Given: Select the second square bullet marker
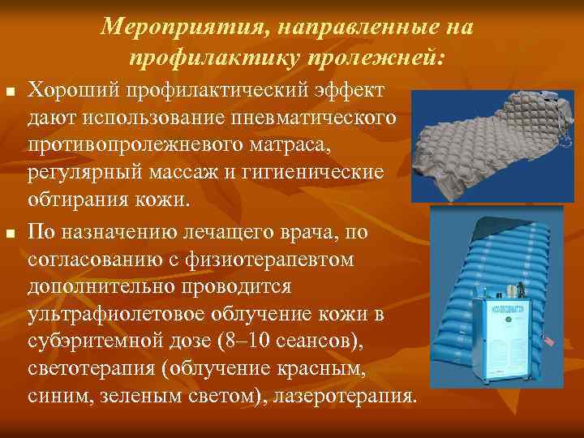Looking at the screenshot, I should point(9,234).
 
